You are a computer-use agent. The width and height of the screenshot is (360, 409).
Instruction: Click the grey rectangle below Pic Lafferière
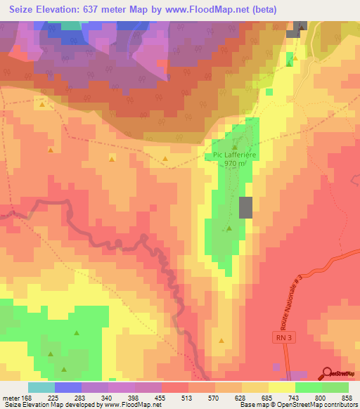245,208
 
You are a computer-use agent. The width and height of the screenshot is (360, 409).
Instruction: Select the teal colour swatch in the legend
41,387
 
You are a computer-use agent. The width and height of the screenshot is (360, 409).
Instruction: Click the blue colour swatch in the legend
68,387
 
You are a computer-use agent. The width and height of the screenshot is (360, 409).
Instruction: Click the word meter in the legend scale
12,398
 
